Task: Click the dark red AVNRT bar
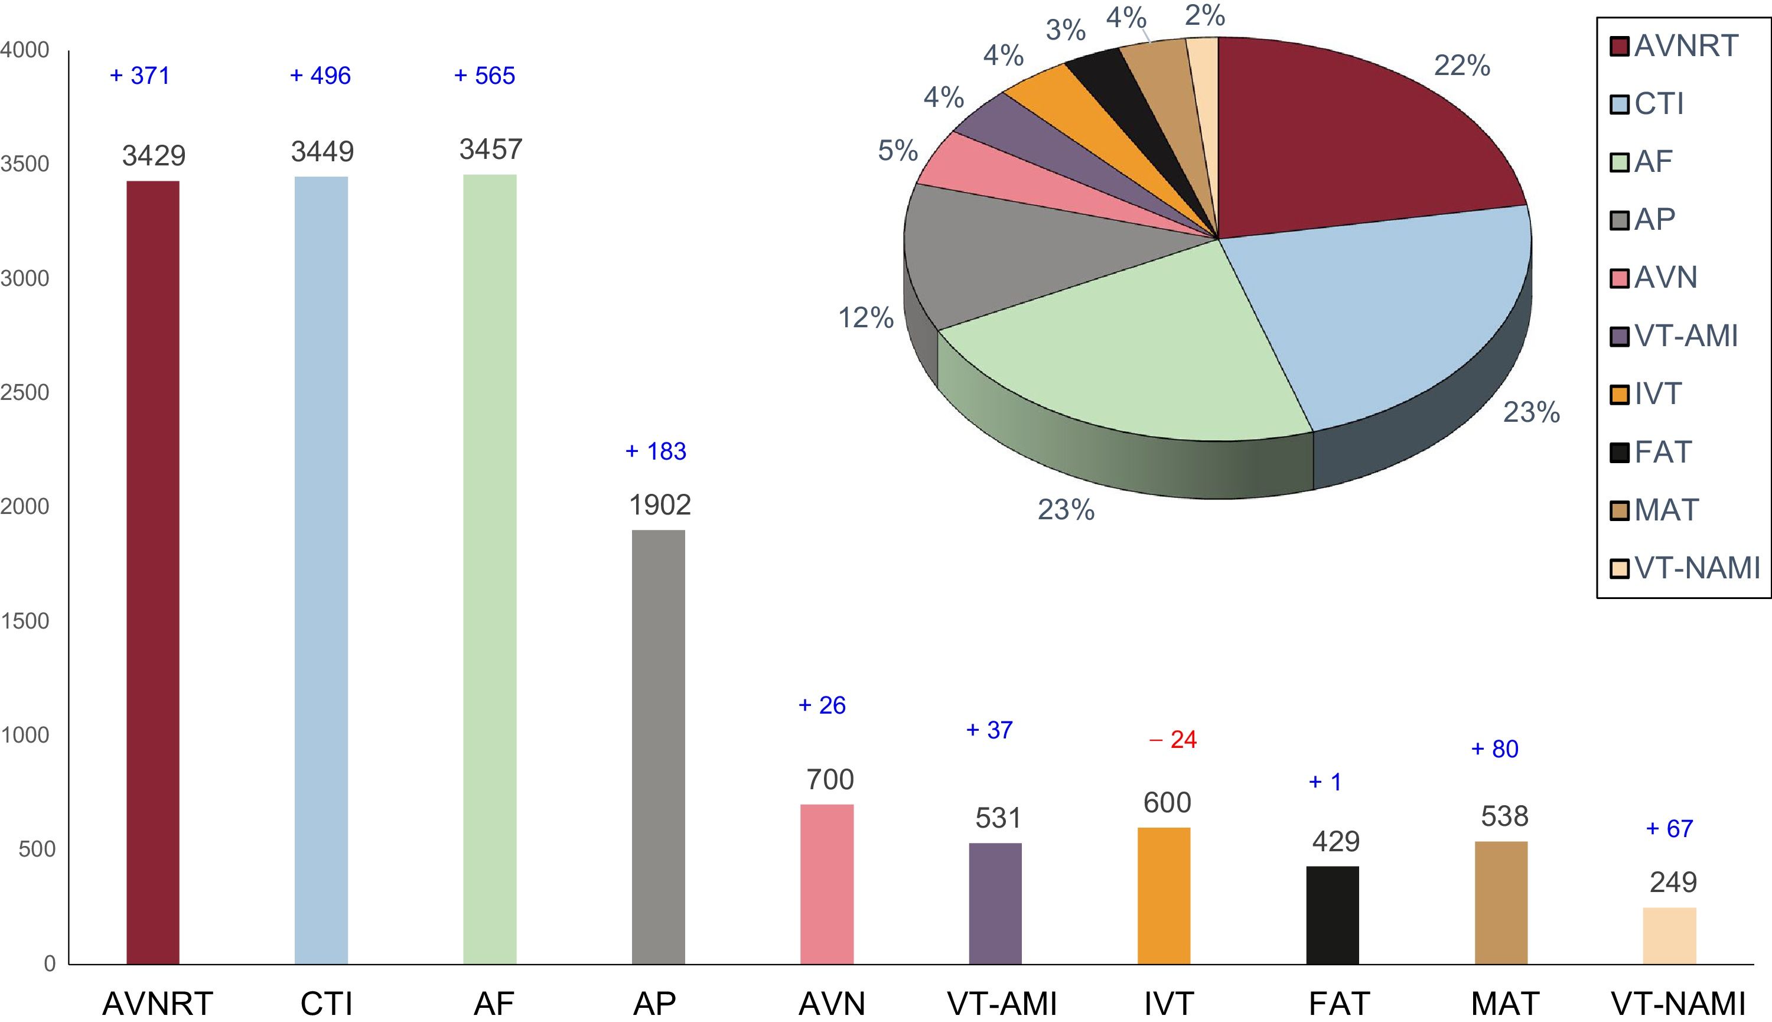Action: point(152,572)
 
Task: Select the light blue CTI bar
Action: point(321,570)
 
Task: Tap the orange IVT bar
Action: point(1164,896)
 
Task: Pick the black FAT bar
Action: point(1332,914)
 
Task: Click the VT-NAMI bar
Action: point(1669,936)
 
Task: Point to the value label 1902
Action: point(659,505)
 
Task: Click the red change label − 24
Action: point(1172,740)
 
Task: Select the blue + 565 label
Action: point(484,76)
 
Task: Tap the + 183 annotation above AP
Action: point(656,451)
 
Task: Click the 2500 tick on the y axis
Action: point(25,392)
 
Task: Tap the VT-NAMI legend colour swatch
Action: point(1619,568)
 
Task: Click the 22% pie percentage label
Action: point(1461,66)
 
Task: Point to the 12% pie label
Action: point(866,318)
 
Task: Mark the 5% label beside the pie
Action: point(898,151)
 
